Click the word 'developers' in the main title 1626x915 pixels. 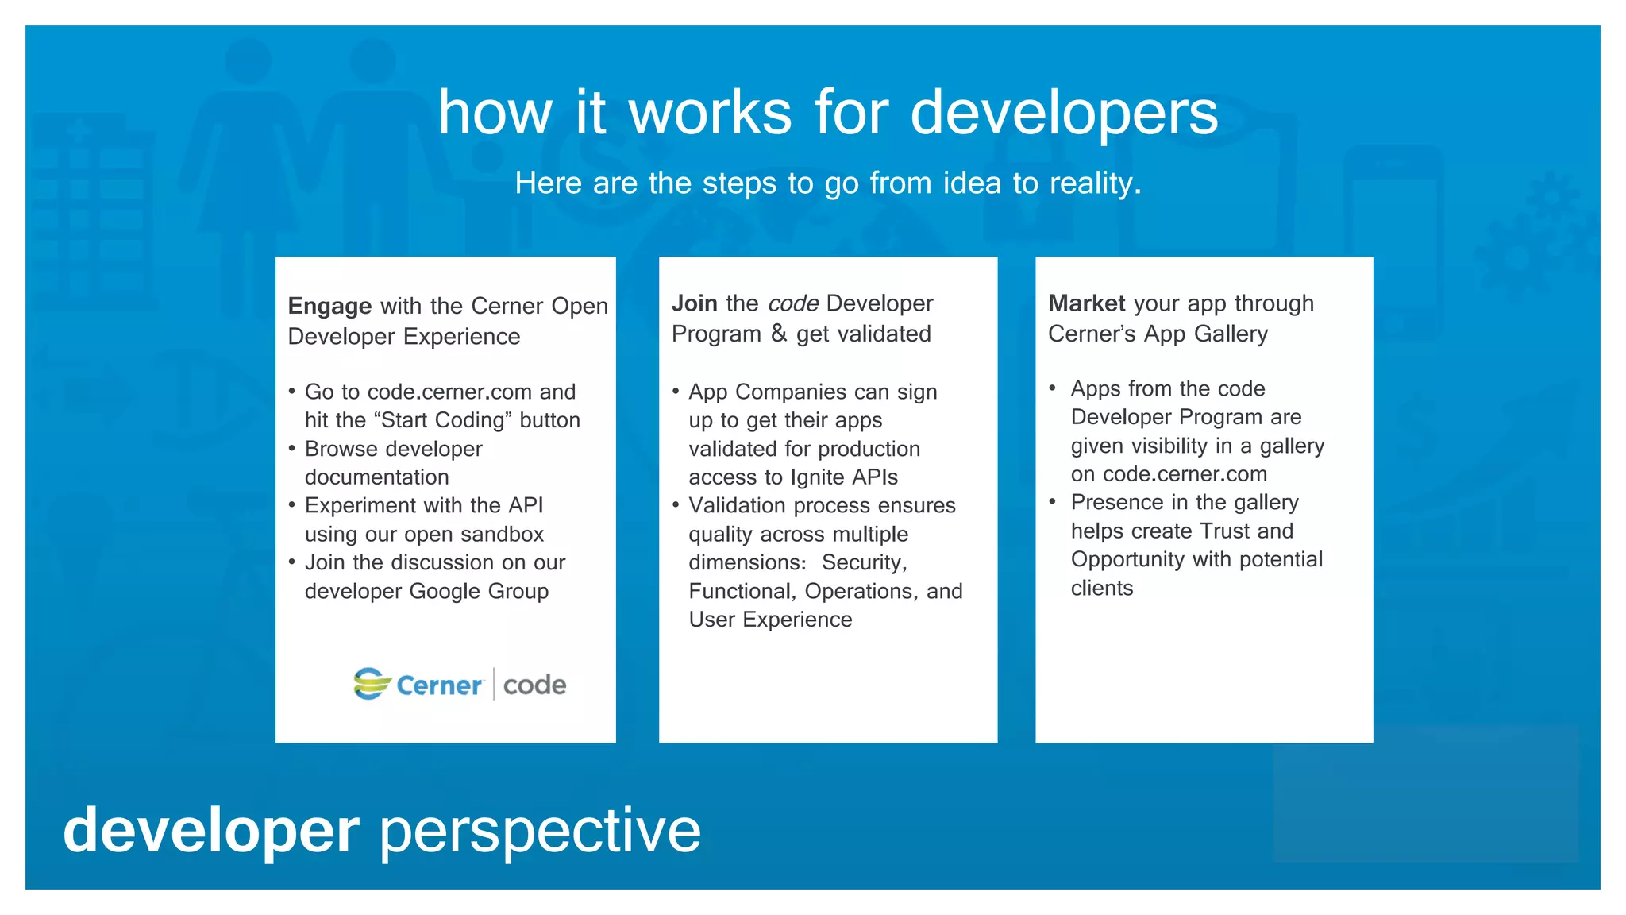tap(1064, 114)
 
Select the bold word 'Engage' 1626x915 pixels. tap(329, 307)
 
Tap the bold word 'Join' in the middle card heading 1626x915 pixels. tap(695, 303)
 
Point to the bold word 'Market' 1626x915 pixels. tap(1086, 303)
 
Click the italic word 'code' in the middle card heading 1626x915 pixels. tap(793, 303)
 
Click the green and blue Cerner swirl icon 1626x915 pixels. tap(372, 683)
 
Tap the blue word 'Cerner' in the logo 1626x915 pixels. tap(439, 685)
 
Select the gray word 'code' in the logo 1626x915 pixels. tap(534, 685)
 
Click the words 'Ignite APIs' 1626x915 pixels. tap(844, 477)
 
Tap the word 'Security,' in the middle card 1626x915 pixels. tap(864, 563)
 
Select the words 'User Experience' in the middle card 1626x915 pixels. tap(770, 620)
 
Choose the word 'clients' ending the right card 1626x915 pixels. tap(1101, 589)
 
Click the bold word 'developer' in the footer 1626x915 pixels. tap(211, 831)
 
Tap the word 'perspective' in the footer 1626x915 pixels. tap(540, 831)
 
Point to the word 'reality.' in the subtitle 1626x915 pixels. tap(1095, 183)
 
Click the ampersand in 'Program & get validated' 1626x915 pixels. tap(779, 334)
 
